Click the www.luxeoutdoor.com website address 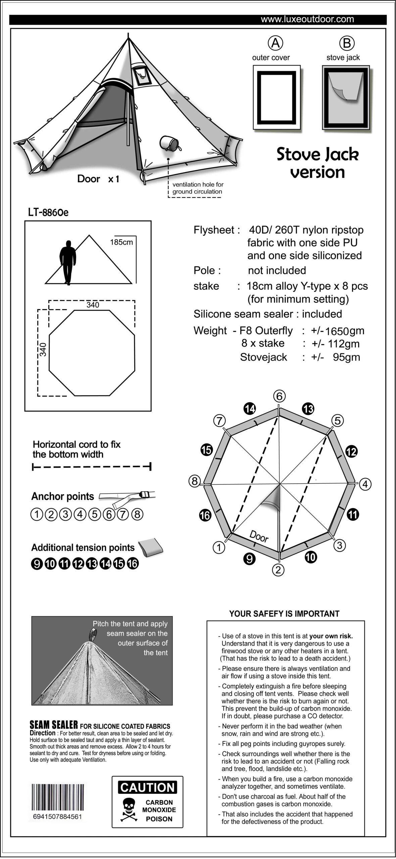pyautogui.click(x=307, y=19)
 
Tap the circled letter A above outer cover pyautogui.click(x=276, y=43)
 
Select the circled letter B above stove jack pyautogui.click(x=347, y=43)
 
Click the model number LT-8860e pyautogui.click(x=48, y=212)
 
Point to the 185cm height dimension pyautogui.click(x=121, y=242)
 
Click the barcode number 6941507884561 pyautogui.click(x=57, y=816)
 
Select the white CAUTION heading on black pyautogui.click(x=148, y=787)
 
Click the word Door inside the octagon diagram pyautogui.click(x=259, y=536)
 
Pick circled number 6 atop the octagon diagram pyautogui.click(x=279, y=396)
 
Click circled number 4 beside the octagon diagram pyautogui.click(x=365, y=484)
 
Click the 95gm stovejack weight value pyautogui.click(x=346, y=357)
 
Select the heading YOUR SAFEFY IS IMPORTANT pyautogui.click(x=284, y=614)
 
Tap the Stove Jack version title pyautogui.click(x=317, y=163)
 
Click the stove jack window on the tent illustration pyautogui.click(x=141, y=76)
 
